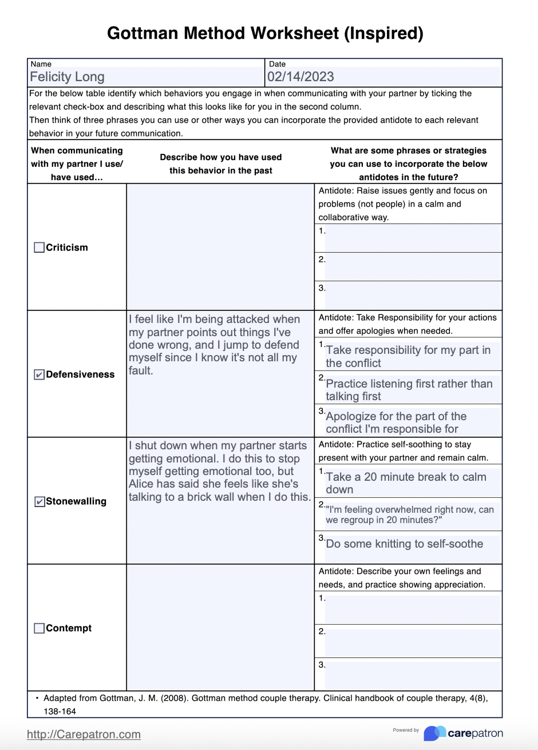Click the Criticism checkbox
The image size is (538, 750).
(x=39, y=248)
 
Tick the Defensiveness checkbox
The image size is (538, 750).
(x=39, y=375)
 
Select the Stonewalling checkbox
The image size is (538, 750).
(x=39, y=502)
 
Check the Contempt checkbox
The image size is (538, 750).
(x=39, y=628)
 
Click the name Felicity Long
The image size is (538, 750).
(x=67, y=77)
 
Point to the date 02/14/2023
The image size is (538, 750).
(x=300, y=77)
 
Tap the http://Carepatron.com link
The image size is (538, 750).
(x=84, y=735)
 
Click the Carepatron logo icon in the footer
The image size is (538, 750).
(x=434, y=733)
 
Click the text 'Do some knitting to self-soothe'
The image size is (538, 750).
(x=404, y=544)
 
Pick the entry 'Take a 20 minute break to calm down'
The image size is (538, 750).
(x=405, y=483)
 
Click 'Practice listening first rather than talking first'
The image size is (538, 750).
(x=409, y=390)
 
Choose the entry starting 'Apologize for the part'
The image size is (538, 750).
(x=396, y=422)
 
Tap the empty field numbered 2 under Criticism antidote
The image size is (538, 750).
(x=412, y=267)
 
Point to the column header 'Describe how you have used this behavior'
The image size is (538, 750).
(x=220, y=163)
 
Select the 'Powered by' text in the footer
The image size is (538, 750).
(x=406, y=730)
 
